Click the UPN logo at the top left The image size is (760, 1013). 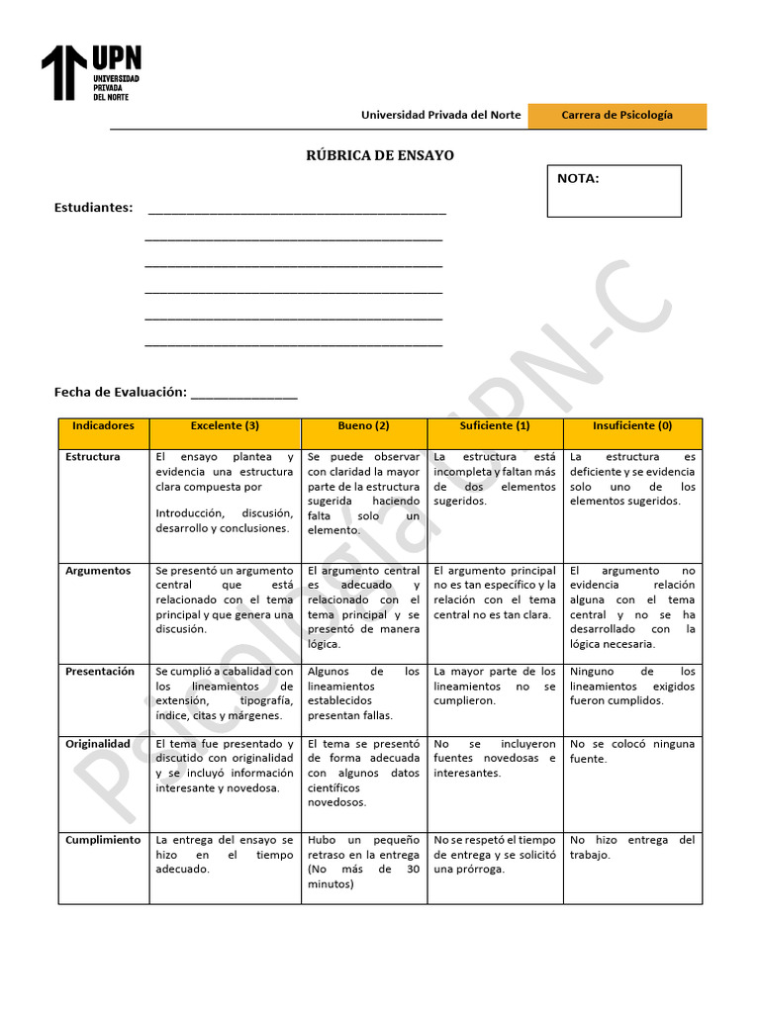[x=90, y=72]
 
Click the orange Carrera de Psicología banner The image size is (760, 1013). [x=617, y=116]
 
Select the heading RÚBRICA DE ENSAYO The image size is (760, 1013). [x=381, y=156]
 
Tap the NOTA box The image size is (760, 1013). [x=614, y=190]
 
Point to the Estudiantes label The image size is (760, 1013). [x=93, y=208]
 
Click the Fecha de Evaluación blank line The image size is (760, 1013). [x=243, y=393]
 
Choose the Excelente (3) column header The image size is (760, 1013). [x=225, y=426]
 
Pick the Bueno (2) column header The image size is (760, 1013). [x=363, y=426]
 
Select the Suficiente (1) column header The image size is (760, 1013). [x=495, y=426]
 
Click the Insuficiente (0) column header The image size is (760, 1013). [x=632, y=426]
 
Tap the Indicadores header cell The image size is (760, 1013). [x=103, y=426]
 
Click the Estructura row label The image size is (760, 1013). [x=93, y=457]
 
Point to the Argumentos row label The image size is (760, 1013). [x=98, y=571]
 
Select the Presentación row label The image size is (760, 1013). [x=100, y=672]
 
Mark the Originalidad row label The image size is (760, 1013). [x=98, y=744]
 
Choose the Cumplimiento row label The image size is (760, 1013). [x=103, y=840]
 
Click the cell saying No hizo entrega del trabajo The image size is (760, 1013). [x=632, y=848]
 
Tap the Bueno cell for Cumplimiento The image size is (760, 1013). [x=363, y=862]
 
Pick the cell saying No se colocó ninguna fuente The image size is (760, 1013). [x=632, y=752]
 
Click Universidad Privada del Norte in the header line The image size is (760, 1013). [x=440, y=116]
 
